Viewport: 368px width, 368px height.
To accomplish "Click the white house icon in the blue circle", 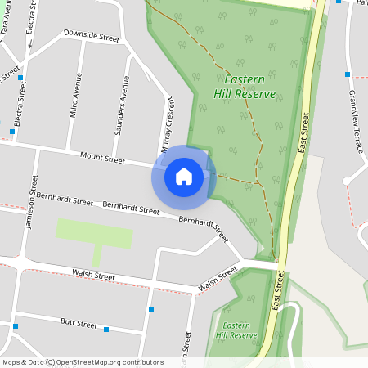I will click(x=184, y=176).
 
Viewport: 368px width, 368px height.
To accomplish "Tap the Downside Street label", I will click(x=92, y=38).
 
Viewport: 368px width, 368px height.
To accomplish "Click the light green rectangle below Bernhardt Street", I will click(x=94, y=233).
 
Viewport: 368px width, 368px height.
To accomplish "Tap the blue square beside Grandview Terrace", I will click(x=348, y=74).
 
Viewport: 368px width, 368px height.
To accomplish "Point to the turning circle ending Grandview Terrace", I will click(x=347, y=180).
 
